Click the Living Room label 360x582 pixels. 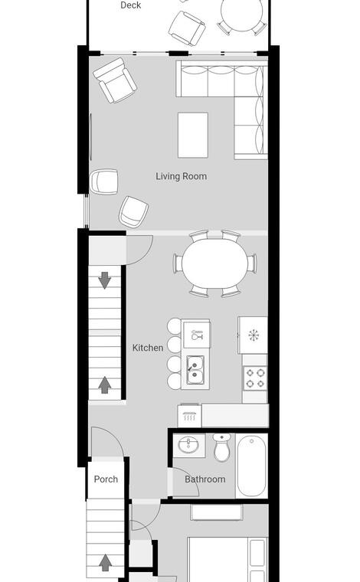click(x=181, y=176)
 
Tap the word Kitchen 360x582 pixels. click(x=148, y=348)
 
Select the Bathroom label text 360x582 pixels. click(x=205, y=479)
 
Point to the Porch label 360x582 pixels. click(x=106, y=479)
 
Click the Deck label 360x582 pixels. click(x=131, y=5)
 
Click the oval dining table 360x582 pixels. click(x=215, y=263)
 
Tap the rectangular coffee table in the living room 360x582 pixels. click(x=192, y=135)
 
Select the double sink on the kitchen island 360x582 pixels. click(x=195, y=370)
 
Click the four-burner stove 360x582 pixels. click(x=255, y=378)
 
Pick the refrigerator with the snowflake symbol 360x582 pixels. click(x=253, y=335)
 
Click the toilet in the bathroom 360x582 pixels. click(x=222, y=447)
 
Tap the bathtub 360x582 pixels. click(x=252, y=466)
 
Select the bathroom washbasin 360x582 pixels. click(x=189, y=445)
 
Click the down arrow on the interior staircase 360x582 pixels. click(x=105, y=280)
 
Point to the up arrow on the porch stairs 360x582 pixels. click(x=106, y=563)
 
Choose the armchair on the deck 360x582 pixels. click(x=187, y=28)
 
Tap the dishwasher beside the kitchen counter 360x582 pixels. click(x=189, y=416)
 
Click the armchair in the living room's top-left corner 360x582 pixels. click(x=115, y=80)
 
